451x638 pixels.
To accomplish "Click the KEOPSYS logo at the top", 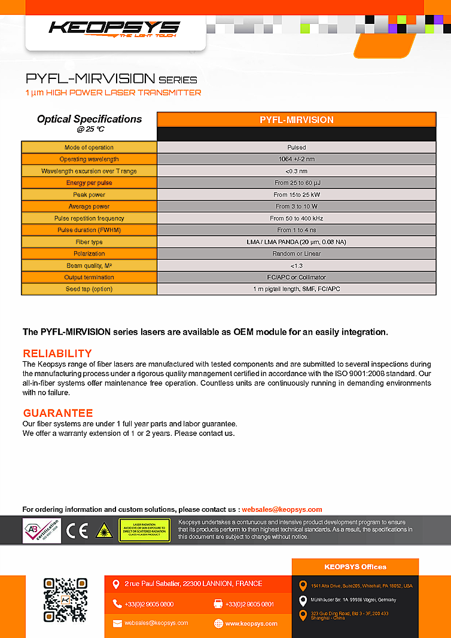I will coord(114,28).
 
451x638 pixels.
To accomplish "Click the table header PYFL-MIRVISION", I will coord(296,120).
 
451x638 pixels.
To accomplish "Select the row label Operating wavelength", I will coord(89,159).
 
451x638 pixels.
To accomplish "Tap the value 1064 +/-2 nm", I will coord(296,159).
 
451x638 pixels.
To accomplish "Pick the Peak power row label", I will coord(89,195).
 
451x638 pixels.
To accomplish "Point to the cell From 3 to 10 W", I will coord(296,206).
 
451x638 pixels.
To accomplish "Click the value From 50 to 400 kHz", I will coord(296,218).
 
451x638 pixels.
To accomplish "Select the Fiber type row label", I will coord(89,242).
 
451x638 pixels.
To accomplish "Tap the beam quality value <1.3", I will coord(296,265).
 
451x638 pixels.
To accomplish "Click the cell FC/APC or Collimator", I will coord(296,277).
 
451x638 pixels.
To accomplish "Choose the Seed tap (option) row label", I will coord(89,289).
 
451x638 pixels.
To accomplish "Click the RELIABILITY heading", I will coord(57,353).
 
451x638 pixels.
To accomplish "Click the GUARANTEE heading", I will coord(58,413).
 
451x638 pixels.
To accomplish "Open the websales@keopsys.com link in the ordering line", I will coord(282,509).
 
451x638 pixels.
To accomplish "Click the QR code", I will coord(65,600).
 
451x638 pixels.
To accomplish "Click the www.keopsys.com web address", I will coord(251,624).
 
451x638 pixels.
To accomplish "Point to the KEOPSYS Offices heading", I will coord(355,567).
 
